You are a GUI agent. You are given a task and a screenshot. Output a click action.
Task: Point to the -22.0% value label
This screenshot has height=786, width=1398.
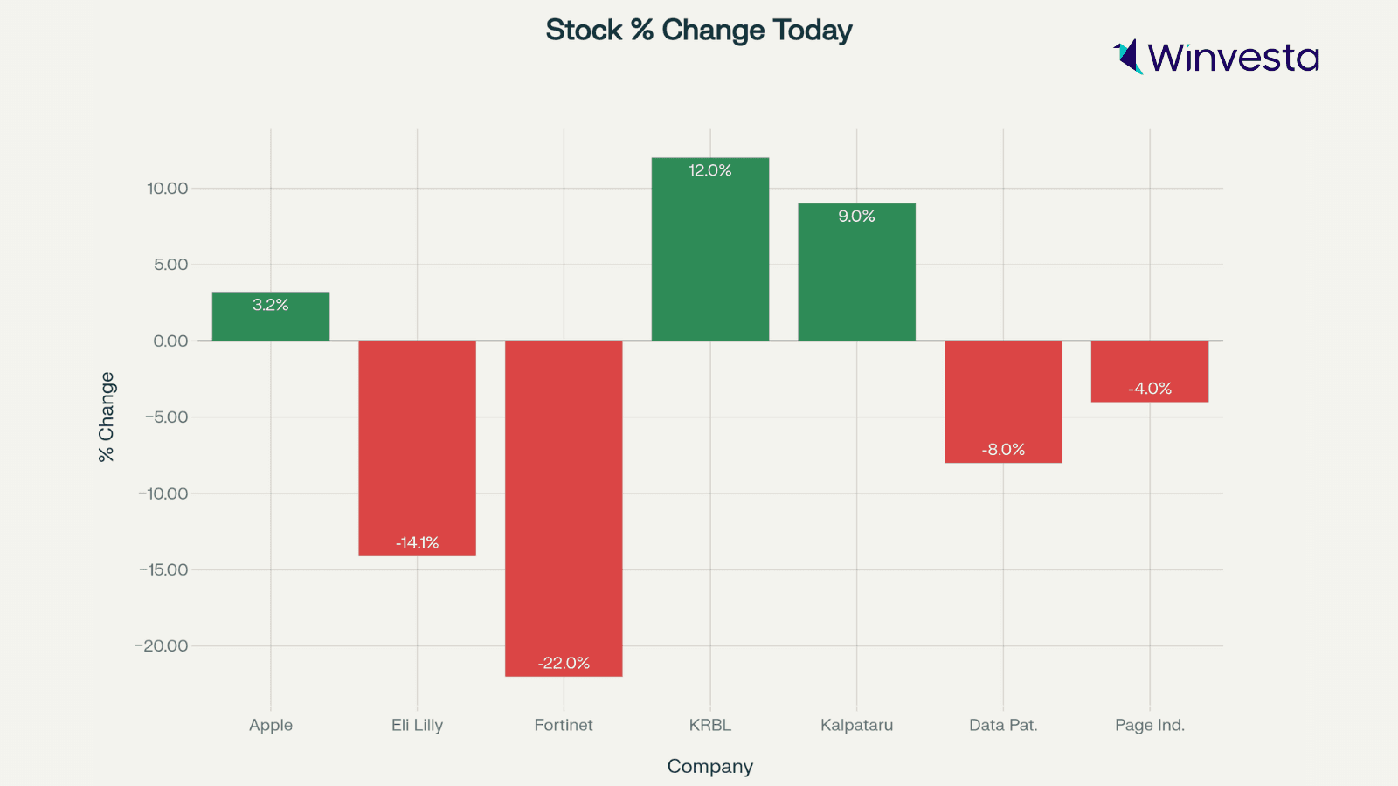pyautogui.click(x=564, y=663)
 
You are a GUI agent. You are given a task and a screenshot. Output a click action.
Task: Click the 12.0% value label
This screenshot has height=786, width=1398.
pyautogui.click(x=710, y=170)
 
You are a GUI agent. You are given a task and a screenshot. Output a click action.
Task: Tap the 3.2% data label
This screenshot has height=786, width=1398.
pyautogui.click(x=271, y=305)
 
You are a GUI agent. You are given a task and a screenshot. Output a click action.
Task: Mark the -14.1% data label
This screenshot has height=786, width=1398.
pyautogui.click(x=417, y=542)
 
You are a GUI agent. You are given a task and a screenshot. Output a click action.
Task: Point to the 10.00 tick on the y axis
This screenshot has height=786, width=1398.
pyautogui.click(x=168, y=188)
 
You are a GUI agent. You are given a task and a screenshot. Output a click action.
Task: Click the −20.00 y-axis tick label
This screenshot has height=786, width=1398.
pyautogui.click(x=162, y=645)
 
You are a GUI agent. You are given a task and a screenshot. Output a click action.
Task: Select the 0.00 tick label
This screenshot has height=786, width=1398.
pyautogui.click(x=170, y=341)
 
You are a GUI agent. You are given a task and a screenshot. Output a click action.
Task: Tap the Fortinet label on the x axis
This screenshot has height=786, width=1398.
pyautogui.click(x=564, y=725)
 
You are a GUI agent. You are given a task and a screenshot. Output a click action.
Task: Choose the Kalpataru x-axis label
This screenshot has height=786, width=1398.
pyautogui.click(x=856, y=725)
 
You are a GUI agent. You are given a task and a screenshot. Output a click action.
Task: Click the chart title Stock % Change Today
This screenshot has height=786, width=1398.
pyautogui.click(x=699, y=31)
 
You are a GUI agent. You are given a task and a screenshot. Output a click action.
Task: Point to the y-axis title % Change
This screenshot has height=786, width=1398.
pyautogui.click(x=107, y=417)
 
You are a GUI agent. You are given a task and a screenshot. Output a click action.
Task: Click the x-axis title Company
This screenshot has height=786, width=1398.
pyautogui.click(x=709, y=766)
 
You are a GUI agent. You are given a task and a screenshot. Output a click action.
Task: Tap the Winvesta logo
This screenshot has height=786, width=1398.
pyautogui.click(x=1215, y=57)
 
